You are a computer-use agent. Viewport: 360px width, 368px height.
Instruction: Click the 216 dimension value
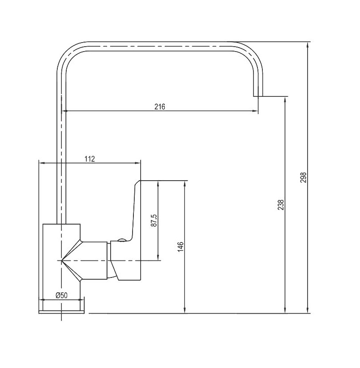pos(160,107)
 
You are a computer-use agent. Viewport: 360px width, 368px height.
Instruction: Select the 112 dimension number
pos(90,159)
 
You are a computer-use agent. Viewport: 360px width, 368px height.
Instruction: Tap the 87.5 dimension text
pos(154,221)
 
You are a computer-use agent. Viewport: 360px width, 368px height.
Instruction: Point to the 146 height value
pos(180,247)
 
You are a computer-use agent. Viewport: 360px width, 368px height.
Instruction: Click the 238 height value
pos(281,205)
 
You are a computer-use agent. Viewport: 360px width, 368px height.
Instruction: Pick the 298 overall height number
pos(303,178)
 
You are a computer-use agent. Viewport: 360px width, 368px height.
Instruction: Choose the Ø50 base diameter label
pos(61,295)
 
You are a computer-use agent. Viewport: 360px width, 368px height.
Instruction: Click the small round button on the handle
pos(122,240)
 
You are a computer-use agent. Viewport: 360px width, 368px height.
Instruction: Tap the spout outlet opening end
pos(258,96)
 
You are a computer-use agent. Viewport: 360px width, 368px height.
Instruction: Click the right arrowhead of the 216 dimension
pos(255,111)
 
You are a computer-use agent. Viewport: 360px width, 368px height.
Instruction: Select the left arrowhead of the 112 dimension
pos(42,163)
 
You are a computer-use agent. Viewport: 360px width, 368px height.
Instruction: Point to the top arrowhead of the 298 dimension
pos(308,45)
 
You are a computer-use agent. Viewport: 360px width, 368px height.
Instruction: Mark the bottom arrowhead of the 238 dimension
pos(285,310)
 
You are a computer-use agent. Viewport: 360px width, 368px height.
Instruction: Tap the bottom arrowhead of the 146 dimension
pos(185,310)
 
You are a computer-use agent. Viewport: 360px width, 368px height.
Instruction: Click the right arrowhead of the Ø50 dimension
pos(81,299)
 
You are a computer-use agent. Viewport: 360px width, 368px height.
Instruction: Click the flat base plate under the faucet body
pos(61,312)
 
